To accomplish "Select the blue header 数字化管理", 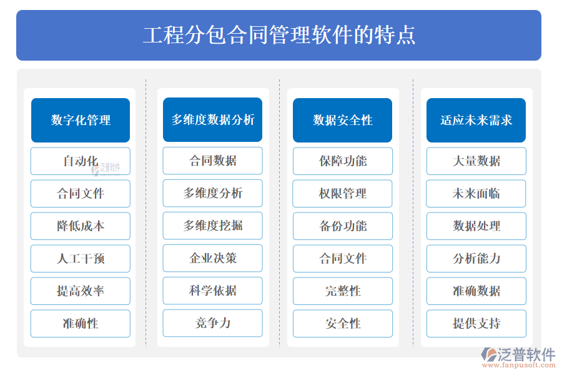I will [81, 120].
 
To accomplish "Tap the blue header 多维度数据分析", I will [212, 120].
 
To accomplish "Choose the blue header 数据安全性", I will [342, 120].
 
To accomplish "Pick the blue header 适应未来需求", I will [476, 120].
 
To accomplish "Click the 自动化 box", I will [81, 161].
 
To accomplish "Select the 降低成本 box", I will [81, 226].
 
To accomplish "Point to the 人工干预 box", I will [81, 259].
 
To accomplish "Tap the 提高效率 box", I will [81, 291].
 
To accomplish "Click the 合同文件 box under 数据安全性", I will [343, 259].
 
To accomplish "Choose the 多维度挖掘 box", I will [212, 226].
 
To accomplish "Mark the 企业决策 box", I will [212, 258].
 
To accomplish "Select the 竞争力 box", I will [212, 323].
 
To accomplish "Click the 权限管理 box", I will [343, 194].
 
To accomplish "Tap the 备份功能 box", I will [343, 226].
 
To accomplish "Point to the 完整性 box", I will [343, 291].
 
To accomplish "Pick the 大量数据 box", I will [476, 161].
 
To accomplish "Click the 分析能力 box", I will [476, 259].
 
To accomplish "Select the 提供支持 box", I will [476, 324].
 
